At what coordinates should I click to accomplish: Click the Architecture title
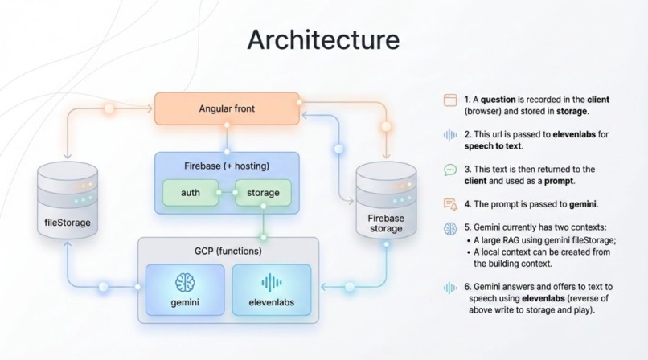pos(323,40)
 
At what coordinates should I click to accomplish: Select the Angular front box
pos(227,108)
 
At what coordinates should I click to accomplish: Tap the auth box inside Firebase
pos(191,193)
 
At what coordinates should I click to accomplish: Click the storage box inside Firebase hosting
pos(263,193)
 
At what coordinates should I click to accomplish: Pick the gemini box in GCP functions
pos(185,290)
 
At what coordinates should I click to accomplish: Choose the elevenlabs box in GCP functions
pos(270,290)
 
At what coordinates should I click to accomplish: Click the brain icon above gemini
pos(185,282)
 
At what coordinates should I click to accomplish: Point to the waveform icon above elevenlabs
pos(270,282)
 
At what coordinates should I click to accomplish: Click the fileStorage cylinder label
pos(68,222)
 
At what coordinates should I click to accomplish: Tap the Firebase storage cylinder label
pos(386,224)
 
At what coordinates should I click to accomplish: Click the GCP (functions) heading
pos(228,252)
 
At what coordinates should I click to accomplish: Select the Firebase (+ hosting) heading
pos(227,166)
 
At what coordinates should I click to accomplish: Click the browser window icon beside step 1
pos(450,100)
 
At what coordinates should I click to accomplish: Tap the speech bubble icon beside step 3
pos(450,170)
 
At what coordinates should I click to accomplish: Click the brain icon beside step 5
pos(450,229)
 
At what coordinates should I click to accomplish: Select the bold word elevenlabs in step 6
pos(548,298)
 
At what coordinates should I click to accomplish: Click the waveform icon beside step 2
pos(450,135)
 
